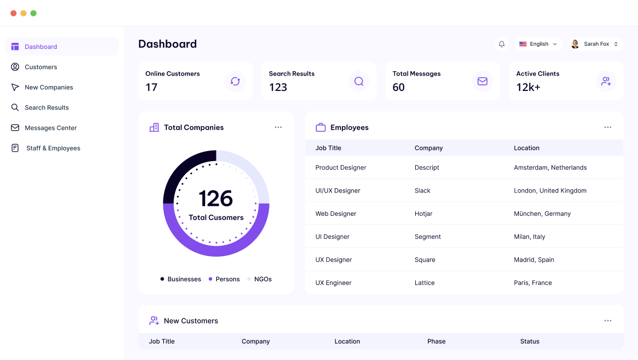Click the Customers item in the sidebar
pyautogui.click(x=40, y=67)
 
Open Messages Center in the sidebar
pyautogui.click(x=51, y=128)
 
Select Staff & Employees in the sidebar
pyautogui.click(x=53, y=148)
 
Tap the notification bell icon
pyautogui.click(x=501, y=44)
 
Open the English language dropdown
pyautogui.click(x=538, y=44)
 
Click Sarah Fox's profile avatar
pyautogui.click(x=575, y=44)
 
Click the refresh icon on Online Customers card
pyautogui.click(x=235, y=81)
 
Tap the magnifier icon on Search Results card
pyautogui.click(x=359, y=81)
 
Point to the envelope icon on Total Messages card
pyautogui.click(x=482, y=81)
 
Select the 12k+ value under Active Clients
pyautogui.click(x=528, y=87)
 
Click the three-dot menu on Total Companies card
pyautogui.click(x=278, y=128)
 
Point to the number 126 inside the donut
pyautogui.click(x=216, y=199)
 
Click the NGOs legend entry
pyautogui.click(x=263, y=279)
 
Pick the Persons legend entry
pyautogui.click(x=228, y=279)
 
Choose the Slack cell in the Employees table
pyautogui.click(x=423, y=190)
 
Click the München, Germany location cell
pyautogui.click(x=542, y=214)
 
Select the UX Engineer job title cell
pyautogui.click(x=333, y=283)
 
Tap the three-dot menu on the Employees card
pyautogui.click(x=608, y=128)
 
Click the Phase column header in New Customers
pyautogui.click(x=436, y=341)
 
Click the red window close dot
pyautogui.click(x=13, y=13)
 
